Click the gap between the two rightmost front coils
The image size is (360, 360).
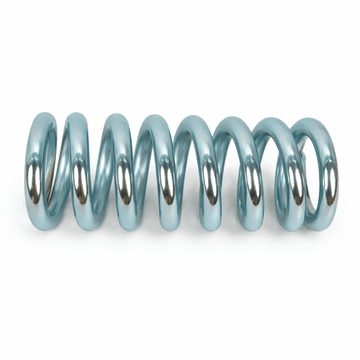coord(311,173)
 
